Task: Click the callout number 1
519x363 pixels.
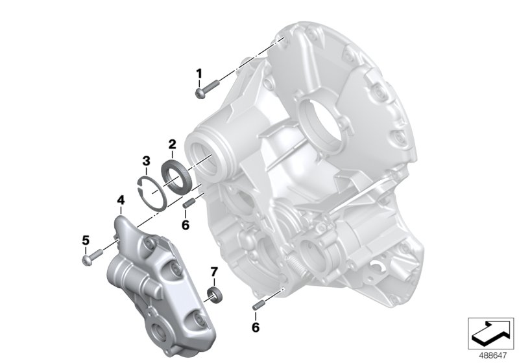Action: tap(199, 73)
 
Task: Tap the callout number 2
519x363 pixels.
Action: tap(172, 143)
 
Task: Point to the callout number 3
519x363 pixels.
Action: tap(147, 160)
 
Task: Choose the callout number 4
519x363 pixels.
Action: tap(120, 202)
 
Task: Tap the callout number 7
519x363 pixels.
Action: tap(213, 270)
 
